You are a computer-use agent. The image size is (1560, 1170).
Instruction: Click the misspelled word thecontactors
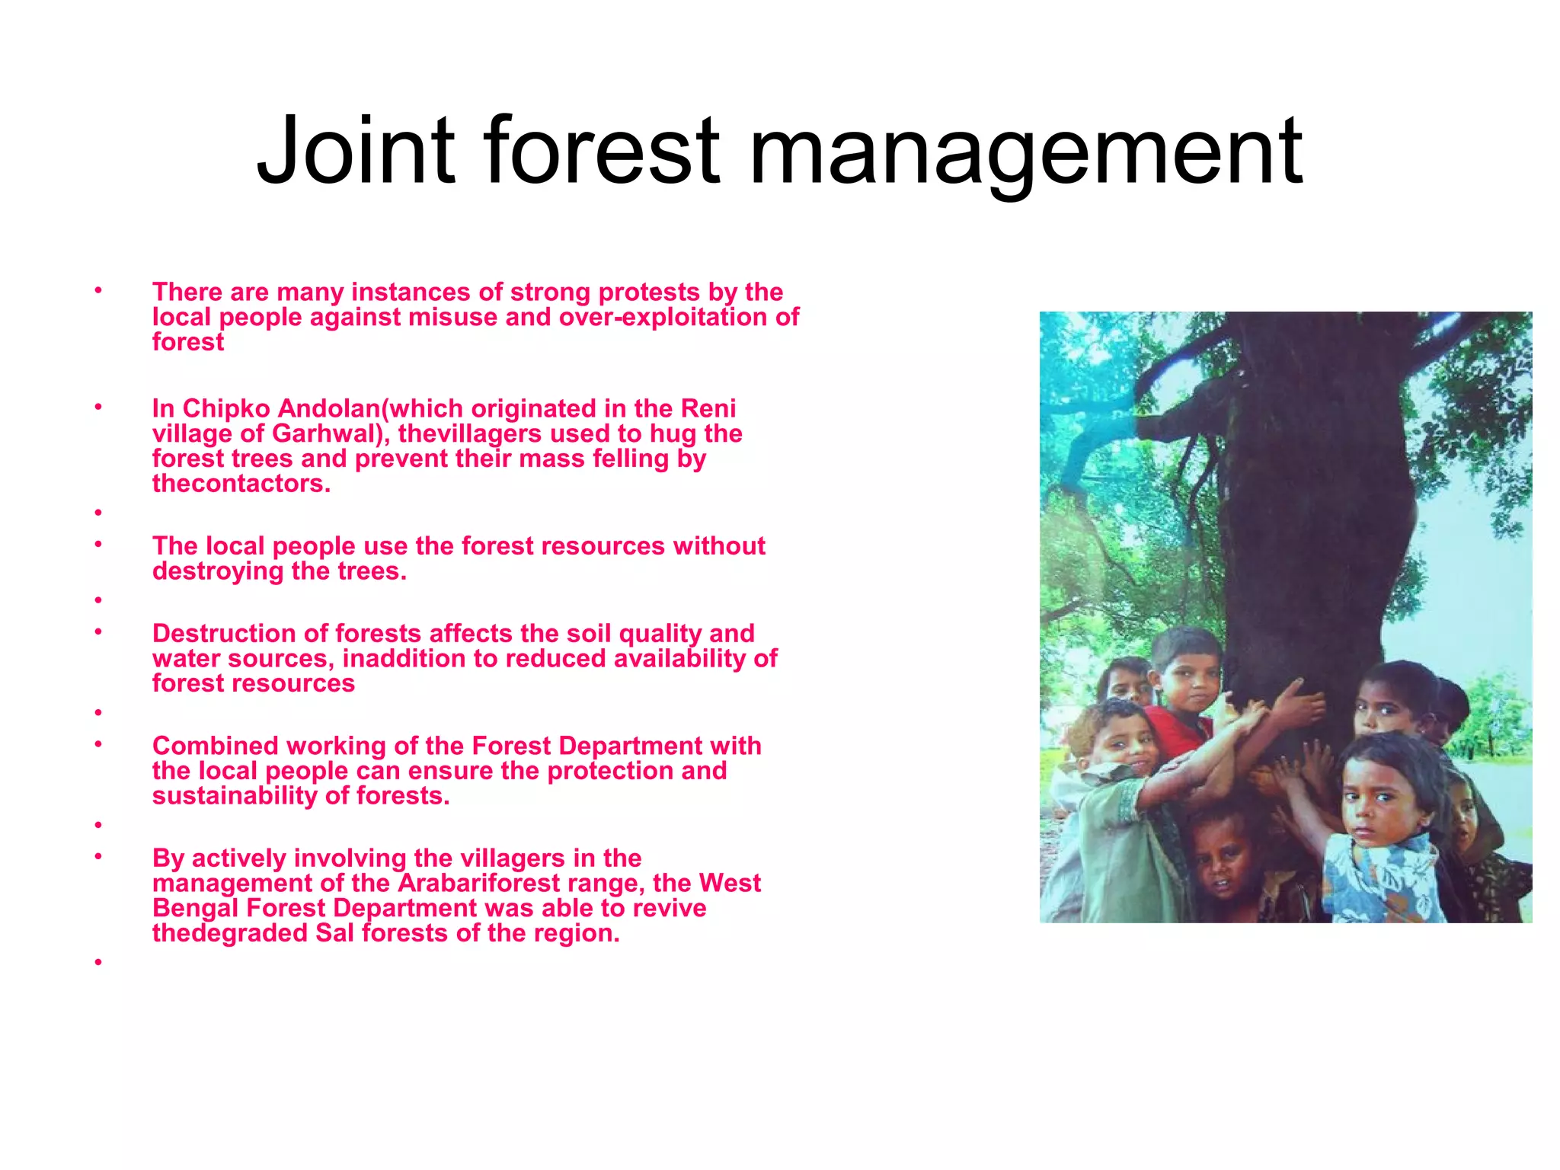point(241,484)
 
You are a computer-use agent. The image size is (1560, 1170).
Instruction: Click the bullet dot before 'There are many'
point(98,289)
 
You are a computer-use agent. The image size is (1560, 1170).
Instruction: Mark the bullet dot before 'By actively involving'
point(98,855)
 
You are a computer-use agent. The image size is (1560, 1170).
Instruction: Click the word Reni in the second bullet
point(708,409)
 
